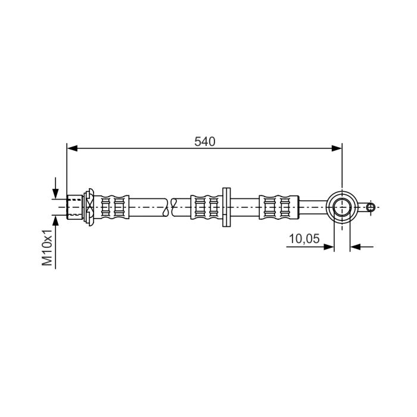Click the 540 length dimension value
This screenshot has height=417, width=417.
click(x=204, y=142)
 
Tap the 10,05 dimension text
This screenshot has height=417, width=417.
click(x=304, y=238)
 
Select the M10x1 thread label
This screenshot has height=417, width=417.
click(x=47, y=247)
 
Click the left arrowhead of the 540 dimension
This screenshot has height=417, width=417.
click(x=72, y=148)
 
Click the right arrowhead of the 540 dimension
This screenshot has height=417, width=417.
click(x=337, y=148)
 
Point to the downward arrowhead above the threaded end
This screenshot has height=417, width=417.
click(x=55, y=194)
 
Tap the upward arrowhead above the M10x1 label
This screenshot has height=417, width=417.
click(x=55, y=220)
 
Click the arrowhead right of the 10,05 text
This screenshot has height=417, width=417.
click(x=329, y=247)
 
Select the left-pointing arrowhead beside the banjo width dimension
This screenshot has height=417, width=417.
click(x=355, y=247)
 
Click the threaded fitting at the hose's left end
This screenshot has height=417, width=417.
click(x=74, y=207)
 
